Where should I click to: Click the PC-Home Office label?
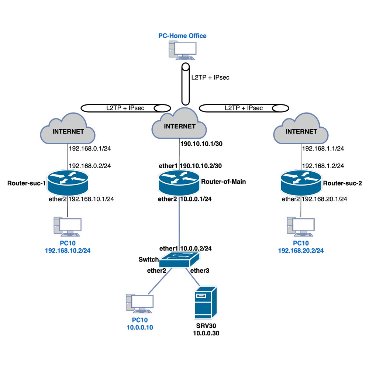(182, 36)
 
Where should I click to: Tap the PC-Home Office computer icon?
(183, 50)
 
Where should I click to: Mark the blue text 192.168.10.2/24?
(68, 250)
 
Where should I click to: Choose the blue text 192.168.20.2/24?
(301, 250)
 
